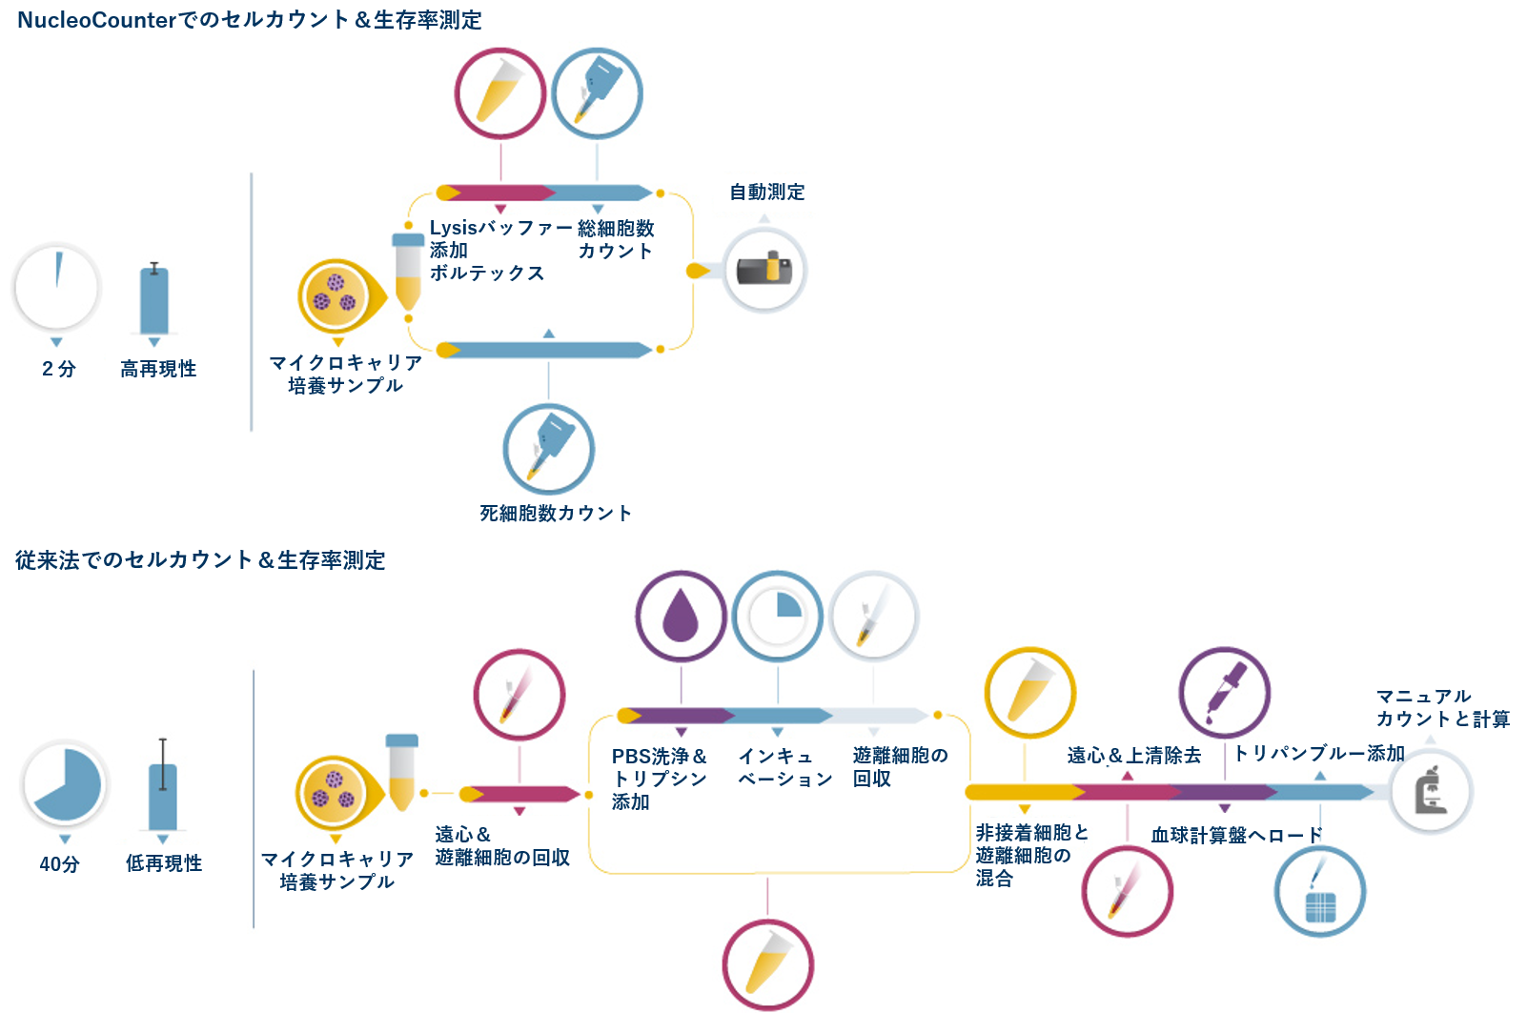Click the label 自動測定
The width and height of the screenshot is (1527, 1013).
[767, 192]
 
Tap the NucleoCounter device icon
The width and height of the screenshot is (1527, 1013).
[764, 270]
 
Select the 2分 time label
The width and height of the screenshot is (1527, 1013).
[59, 369]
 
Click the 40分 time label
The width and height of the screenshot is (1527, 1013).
[59, 863]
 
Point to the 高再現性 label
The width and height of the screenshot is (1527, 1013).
[158, 369]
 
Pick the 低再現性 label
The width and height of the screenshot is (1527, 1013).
[164, 863]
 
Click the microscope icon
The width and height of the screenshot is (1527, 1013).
[1431, 791]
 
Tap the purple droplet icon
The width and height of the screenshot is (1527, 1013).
[681, 616]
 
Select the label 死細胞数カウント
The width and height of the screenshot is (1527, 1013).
[556, 513]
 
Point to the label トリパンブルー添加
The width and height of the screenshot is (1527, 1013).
[1319, 753]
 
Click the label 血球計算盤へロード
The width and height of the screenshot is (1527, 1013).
[1236, 835]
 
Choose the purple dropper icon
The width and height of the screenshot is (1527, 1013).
[1225, 692]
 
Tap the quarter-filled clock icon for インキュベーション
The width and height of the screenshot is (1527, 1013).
[777, 617]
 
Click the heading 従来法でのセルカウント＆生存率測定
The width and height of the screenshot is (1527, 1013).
[200, 559]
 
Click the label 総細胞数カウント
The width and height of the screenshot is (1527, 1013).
[616, 239]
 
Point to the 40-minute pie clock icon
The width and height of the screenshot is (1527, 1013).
[65, 784]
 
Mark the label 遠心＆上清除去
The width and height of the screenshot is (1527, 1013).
[1133, 755]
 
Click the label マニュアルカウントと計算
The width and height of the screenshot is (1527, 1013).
[1442, 707]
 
